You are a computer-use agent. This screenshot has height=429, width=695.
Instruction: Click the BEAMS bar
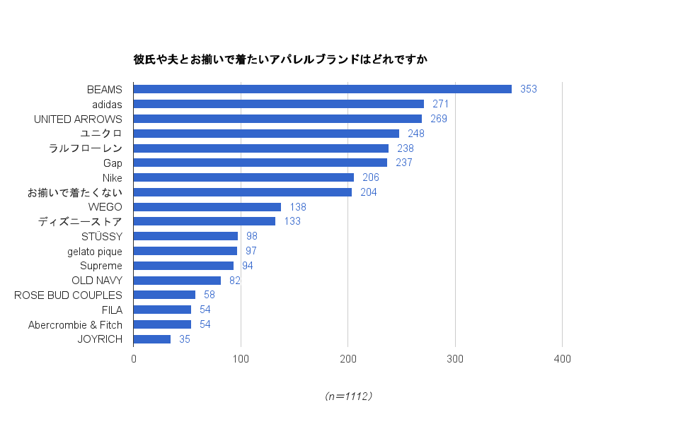point(322,89)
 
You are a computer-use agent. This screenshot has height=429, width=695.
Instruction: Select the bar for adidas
point(279,104)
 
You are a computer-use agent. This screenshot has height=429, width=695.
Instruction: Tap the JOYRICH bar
point(152,339)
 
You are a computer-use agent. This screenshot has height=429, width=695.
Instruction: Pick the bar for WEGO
point(207,207)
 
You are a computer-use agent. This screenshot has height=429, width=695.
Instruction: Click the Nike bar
point(243,177)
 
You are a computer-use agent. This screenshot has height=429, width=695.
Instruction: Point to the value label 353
point(529,89)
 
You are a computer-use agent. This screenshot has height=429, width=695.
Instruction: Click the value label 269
point(439,119)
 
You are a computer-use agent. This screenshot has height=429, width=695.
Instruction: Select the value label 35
point(185,339)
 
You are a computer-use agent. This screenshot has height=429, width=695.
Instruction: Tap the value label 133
point(292,221)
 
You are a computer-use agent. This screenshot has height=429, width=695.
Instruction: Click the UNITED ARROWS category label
point(78,119)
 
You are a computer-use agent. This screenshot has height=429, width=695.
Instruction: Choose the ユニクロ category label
point(101,134)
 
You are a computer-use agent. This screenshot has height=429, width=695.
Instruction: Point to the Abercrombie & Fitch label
point(75,324)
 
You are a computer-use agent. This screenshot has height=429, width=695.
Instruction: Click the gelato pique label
point(95,251)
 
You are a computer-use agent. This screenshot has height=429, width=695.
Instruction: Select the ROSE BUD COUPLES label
point(68,295)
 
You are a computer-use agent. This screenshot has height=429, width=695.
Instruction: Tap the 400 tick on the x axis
point(562,359)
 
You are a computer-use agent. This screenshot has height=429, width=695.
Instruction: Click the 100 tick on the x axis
point(241,359)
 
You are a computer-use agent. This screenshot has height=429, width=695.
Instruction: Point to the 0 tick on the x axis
point(134,359)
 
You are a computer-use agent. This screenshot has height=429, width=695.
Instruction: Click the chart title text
point(280,59)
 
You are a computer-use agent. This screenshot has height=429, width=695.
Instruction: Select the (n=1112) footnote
point(347,396)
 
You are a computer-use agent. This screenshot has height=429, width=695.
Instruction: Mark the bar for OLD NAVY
point(177,281)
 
